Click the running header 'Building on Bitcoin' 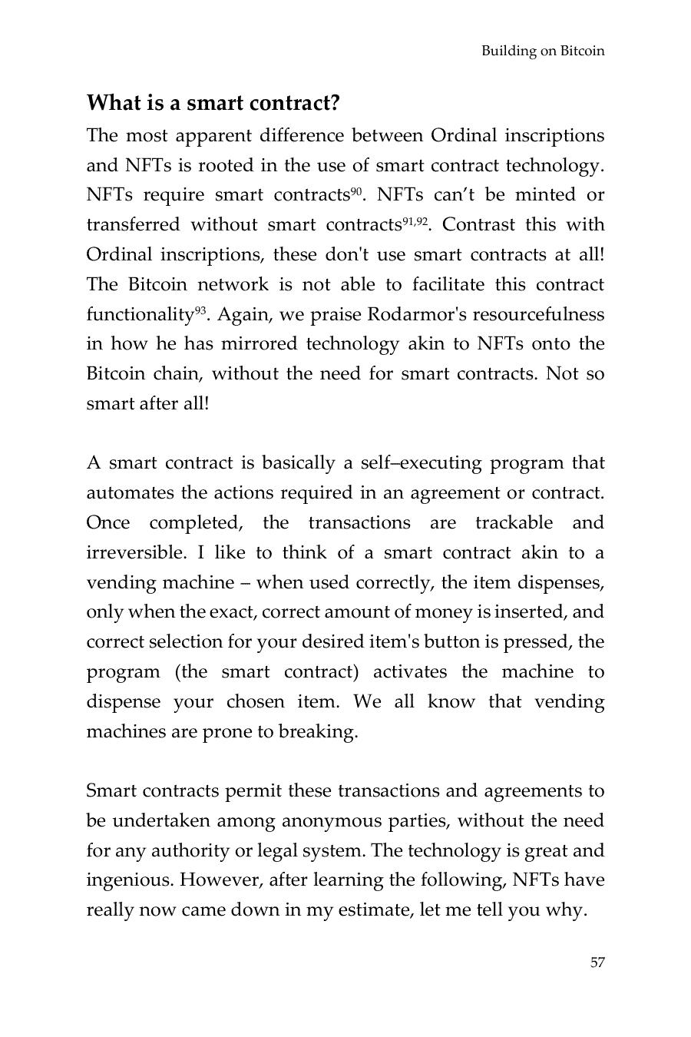[x=542, y=51]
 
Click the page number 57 [x=597, y=962]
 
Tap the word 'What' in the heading [x=114, y=103]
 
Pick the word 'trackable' [x=514, y=523]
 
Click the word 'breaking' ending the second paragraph [x=323, y=732]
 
